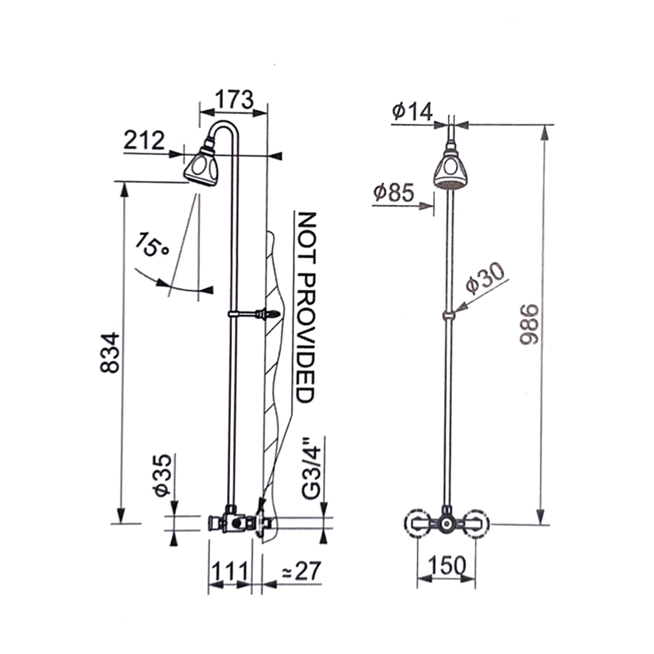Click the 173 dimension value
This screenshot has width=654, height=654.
click(x=234, y=99)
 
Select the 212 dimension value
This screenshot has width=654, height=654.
click(x=144, y=140)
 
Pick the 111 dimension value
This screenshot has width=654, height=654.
click(x=230, y=570)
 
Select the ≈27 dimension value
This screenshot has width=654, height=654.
click(x=301, y=570)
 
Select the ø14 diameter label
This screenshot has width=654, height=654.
click(x=412, y=111)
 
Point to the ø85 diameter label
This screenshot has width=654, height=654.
click(x=394, y=192)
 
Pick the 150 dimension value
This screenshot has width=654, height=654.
click(x=446, y=566)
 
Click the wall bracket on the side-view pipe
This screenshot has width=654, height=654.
click(x=253, y=313)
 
